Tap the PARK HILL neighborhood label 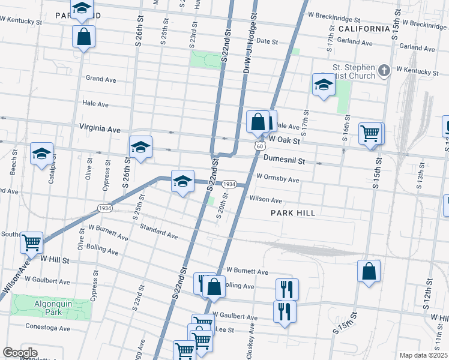tap(293, 213)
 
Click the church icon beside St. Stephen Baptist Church tap(385, 71)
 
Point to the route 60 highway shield tap(259, 146)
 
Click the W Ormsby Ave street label tap(277, 179)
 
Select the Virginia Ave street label tap(100, 128)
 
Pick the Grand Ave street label tap(101, 79)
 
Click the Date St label tap(267, 42)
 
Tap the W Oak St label tap(284, 139)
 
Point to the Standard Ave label tap(158, 232)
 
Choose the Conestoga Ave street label tap(48, 328)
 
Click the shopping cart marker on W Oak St tap(370, 133)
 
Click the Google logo tap(20, 353)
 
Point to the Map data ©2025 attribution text tap(423, 355)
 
